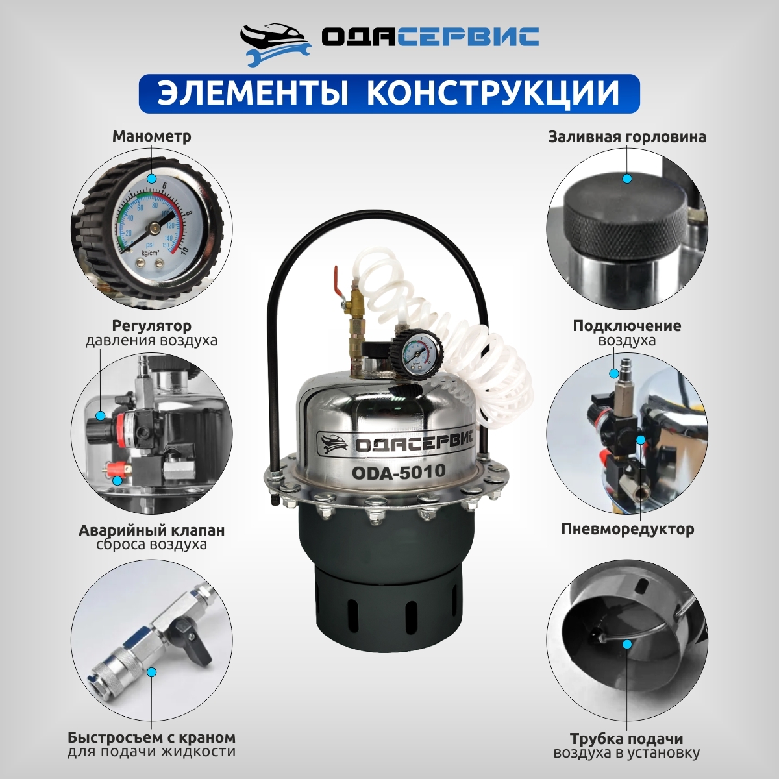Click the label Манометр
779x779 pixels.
pyautogui.click(x=152, y=136)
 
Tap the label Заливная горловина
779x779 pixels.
pyautogui.click(x=627, y=137)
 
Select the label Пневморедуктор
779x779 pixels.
pyautogui.click(x=627, y=529)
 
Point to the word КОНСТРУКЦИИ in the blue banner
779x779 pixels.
pyautogui.click(x=493, y=93)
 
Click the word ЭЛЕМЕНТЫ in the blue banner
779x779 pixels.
pyautogui.click(x=253, y=93)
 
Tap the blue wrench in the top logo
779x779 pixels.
pyautogui.click(x=279, y=55)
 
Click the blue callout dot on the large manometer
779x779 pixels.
pyautogui.click(x=152, y=179)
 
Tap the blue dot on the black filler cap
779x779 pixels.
pyautogui.click(x=627, y=179)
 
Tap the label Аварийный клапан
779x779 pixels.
pyautogui.click(x=152, y=530)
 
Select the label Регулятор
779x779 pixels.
pyautogui.click(x=152, y=325)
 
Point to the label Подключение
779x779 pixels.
pyautogui.click(x=627, y=326)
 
